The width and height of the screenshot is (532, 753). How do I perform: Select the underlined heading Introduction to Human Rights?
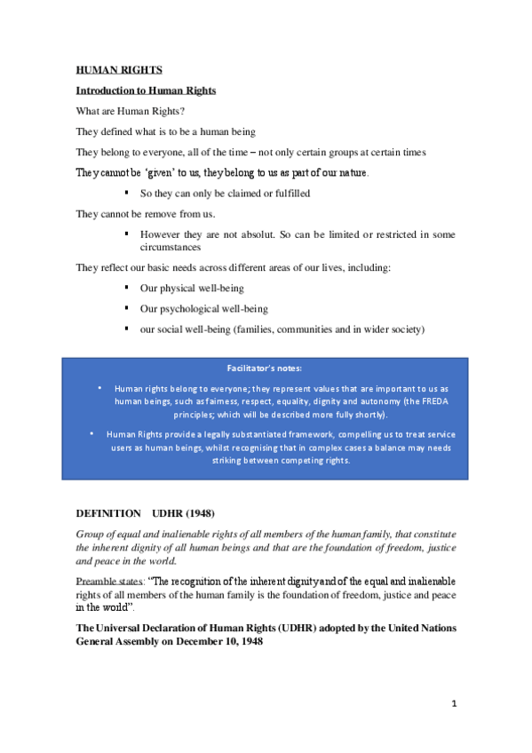point(146,91)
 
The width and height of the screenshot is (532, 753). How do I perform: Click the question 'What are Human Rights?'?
point(130,111)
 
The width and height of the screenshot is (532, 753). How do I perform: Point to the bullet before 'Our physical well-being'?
point(128,287)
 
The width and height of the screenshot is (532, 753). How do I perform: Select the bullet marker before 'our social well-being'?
point(128,329)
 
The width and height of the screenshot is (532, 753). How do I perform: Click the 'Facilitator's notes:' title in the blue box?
point(266,368)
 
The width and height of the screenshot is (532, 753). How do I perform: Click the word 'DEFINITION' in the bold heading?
point(108,514)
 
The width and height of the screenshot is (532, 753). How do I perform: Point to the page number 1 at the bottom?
point(453,704)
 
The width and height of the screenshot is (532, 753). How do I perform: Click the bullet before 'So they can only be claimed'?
point(128,192)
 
